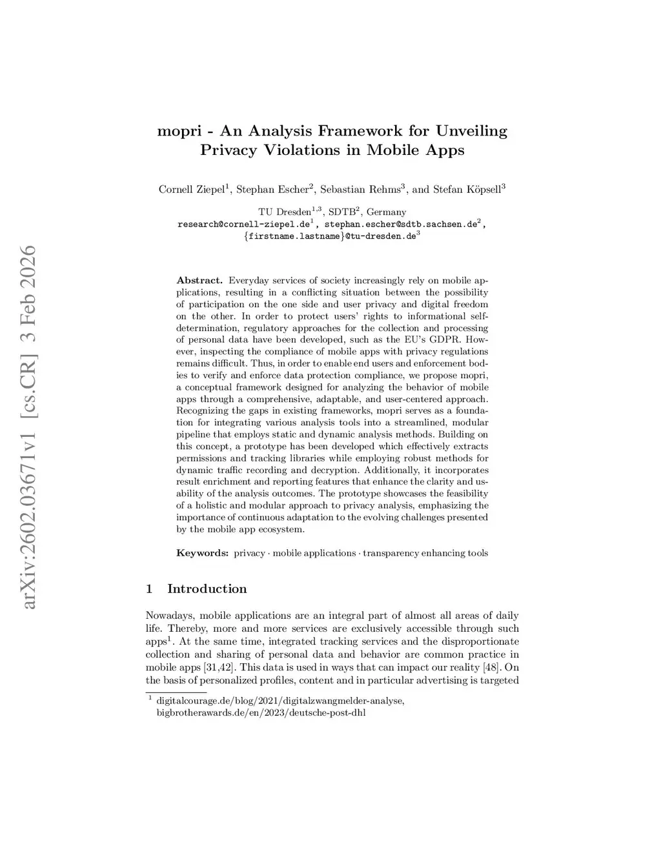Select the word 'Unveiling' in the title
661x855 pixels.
pos(472,131)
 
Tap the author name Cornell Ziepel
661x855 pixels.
pos(191,190)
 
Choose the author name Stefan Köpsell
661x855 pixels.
pos(464,190)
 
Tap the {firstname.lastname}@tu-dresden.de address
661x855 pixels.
pos(329,237)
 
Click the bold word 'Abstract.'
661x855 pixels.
pos(199,281)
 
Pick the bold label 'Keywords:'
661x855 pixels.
pos(202,553)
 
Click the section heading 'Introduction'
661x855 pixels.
pos(207,588)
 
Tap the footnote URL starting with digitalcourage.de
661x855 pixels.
pos(280,701)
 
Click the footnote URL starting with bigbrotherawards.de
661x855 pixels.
pos(261,713)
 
